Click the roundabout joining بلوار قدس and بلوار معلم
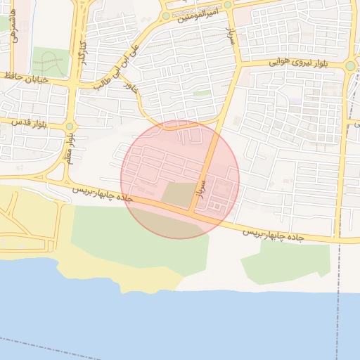tap(69, 127)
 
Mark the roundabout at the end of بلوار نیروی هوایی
tap(350, 67)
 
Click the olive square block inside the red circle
tap(179, 195)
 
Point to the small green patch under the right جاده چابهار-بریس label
tap(285, 260)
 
